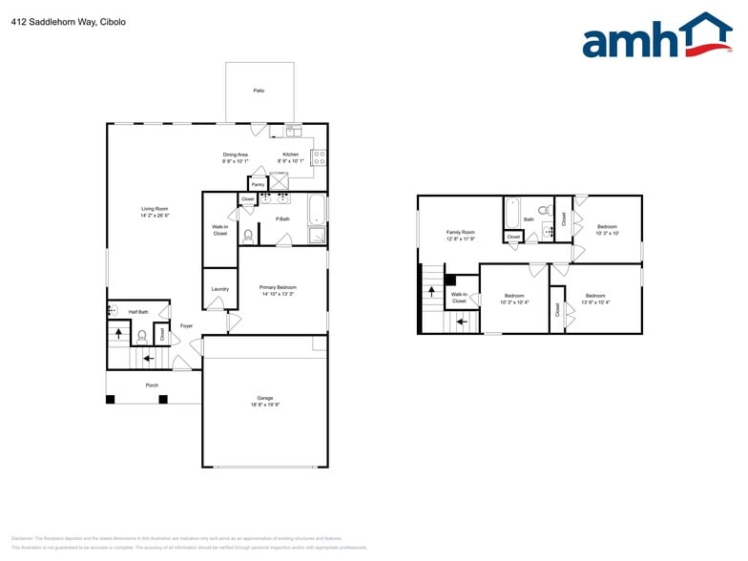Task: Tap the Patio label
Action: click(x=259, y=91)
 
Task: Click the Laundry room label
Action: click(x=220, y=288)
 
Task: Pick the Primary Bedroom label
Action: click(x=279, y=287)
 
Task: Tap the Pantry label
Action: click(x=259, y=184)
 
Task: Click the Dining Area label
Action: click(x=236, y=155)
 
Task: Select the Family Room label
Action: click(x=461, y=232)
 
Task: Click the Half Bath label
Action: click(x=138, y=312)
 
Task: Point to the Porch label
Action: click(x=152, y=385)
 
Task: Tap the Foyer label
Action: click(x=186, y=325)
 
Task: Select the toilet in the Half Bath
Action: click(x=141, y=335)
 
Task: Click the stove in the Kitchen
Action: click(x=319, y=158)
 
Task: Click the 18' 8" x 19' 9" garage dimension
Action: click(x=264, y=405)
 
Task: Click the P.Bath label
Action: click(x=282, y=219)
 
